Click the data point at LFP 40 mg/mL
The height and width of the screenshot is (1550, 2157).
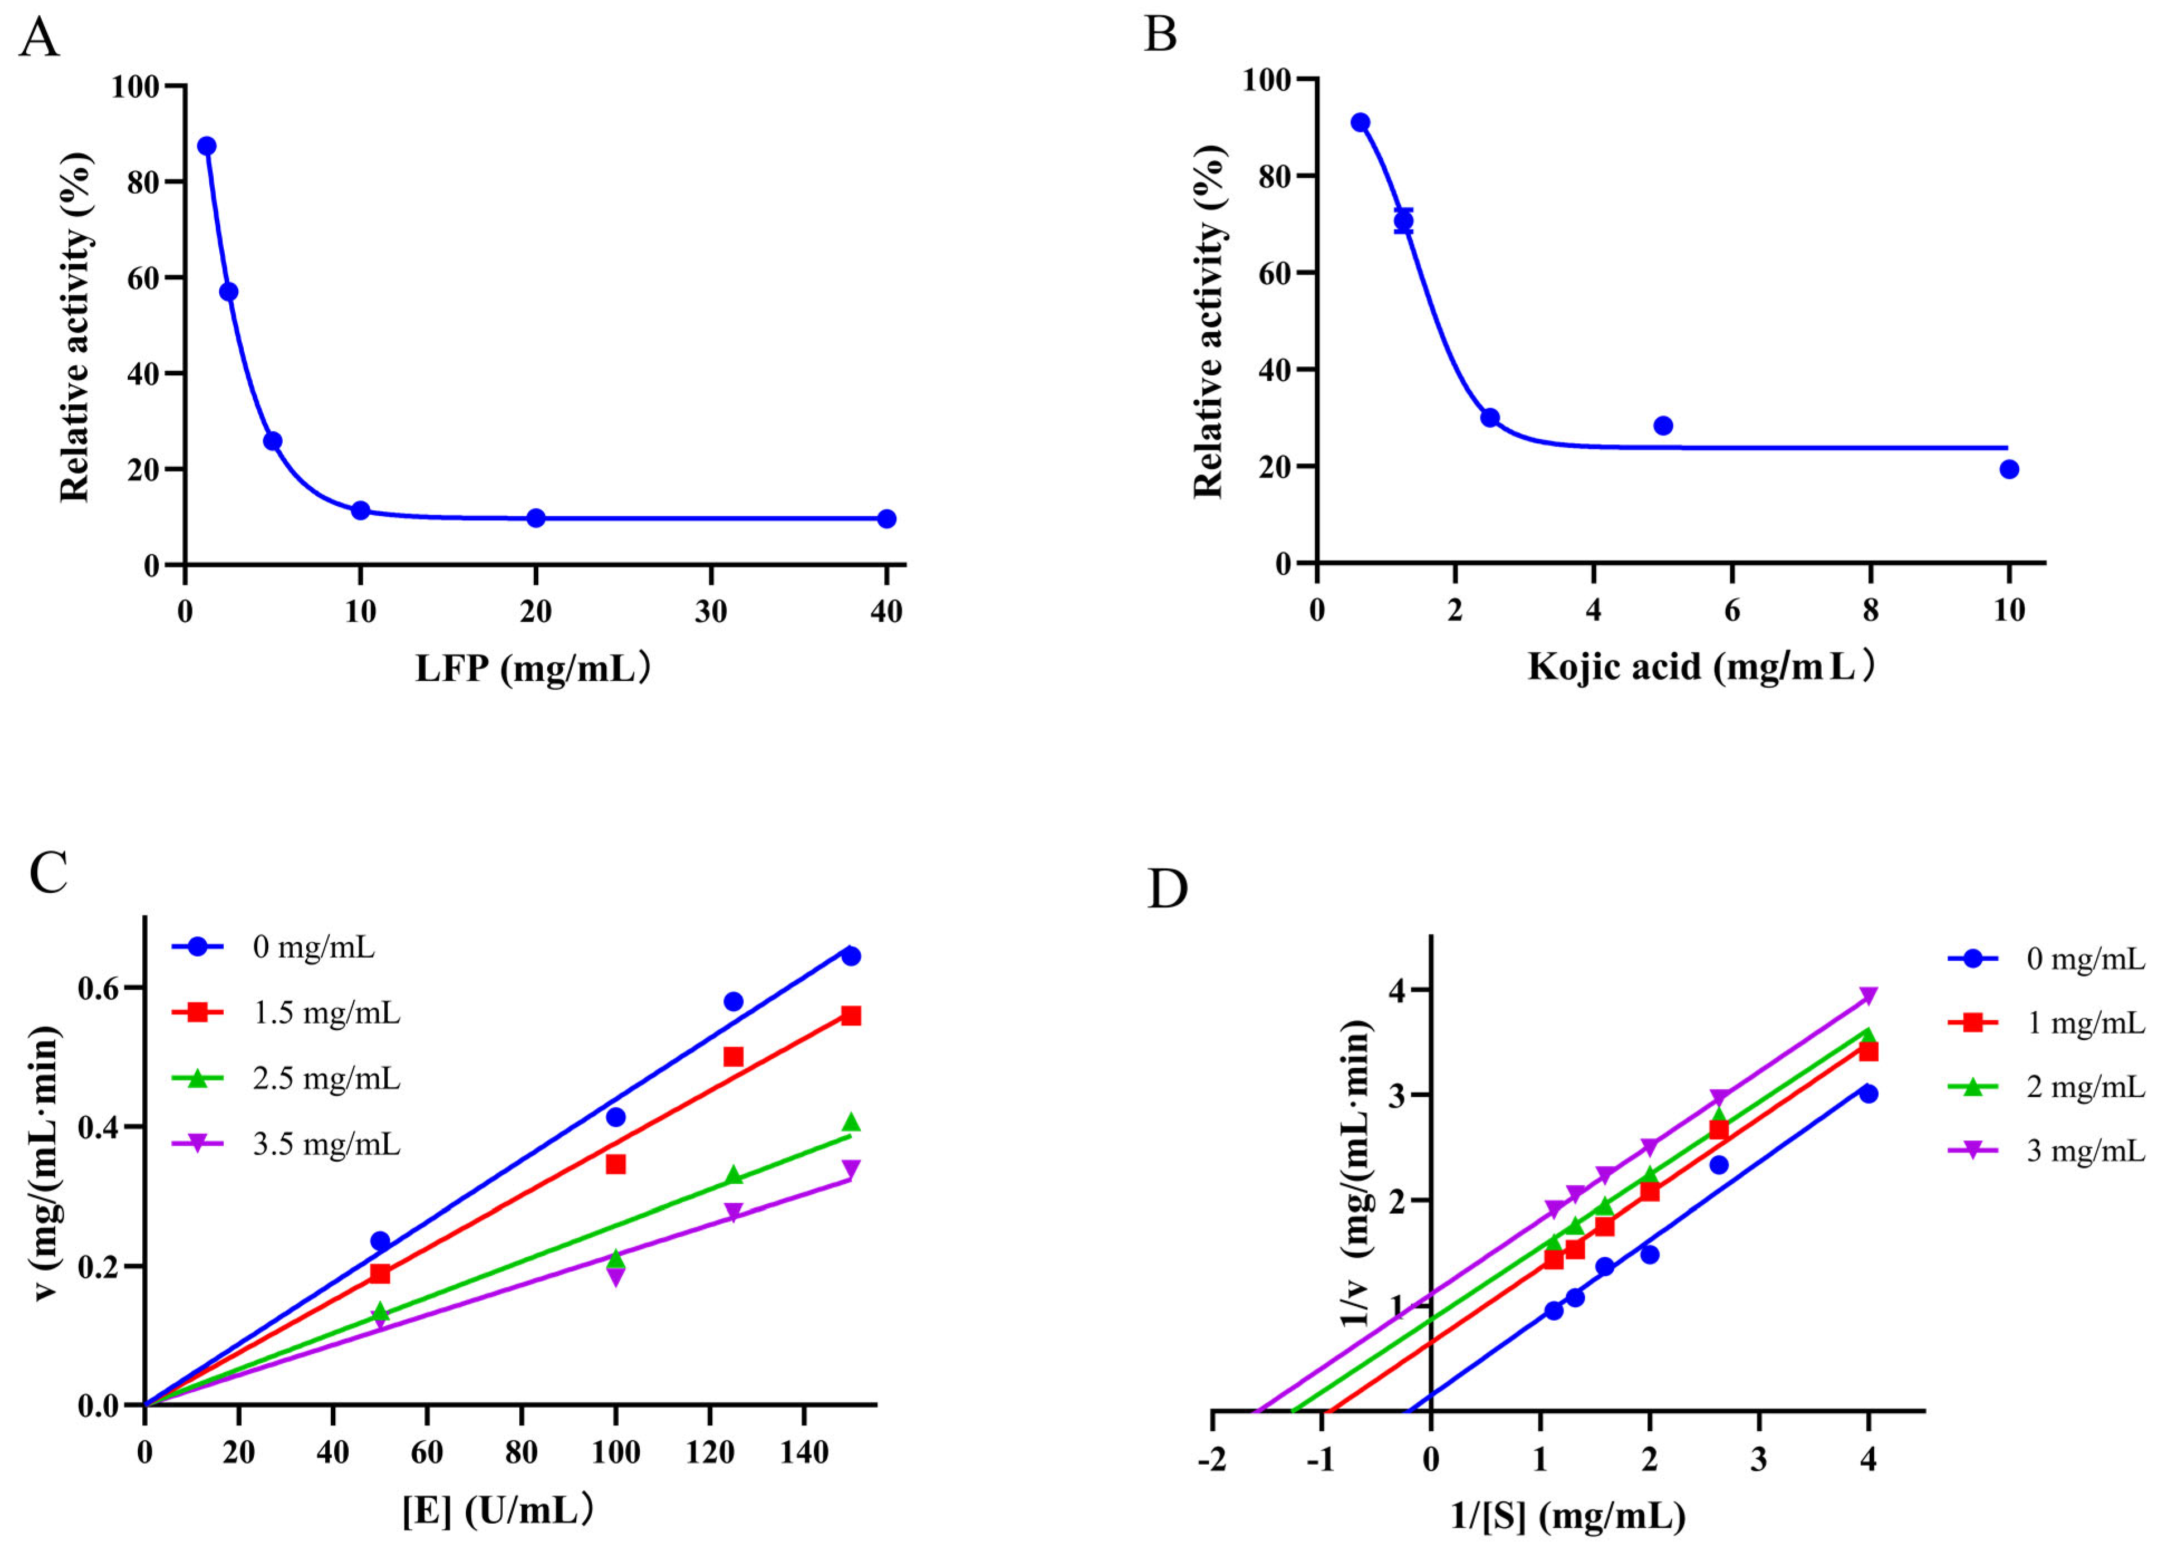click(x=886, y=519)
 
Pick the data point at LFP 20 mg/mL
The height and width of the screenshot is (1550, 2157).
click(x=535, y=519)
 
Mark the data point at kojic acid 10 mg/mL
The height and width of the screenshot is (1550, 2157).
click(x=2009, y=469)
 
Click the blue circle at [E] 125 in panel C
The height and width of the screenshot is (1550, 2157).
click(x=734, y=1001)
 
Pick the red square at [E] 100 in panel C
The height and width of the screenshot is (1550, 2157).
click(x=615, y=1164)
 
